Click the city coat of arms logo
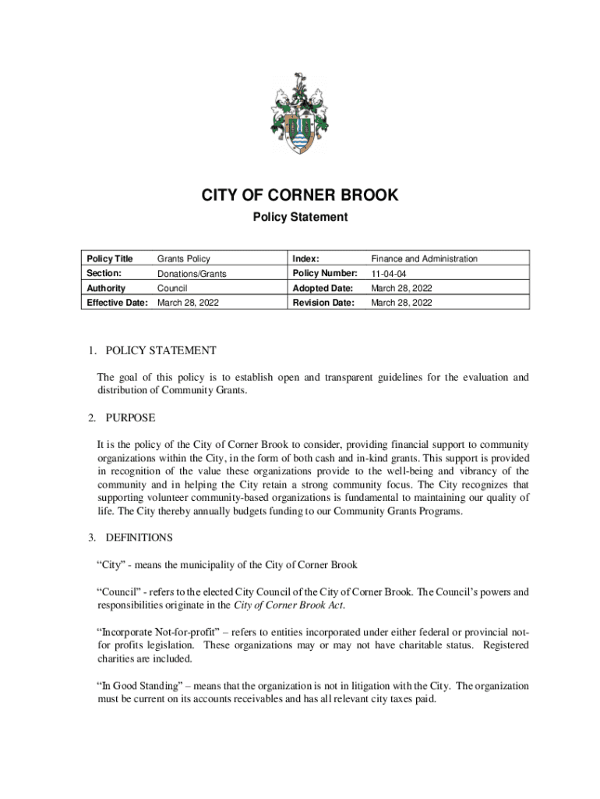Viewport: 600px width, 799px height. [x=300, y=115]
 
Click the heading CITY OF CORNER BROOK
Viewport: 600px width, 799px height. [x=300, y=196]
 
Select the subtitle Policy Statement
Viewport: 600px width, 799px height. [x=300, y=218]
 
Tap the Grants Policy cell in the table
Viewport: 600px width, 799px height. [x=184, y=258]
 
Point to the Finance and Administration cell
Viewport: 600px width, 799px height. [x=424, y=258]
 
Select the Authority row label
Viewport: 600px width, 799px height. [x=106, y=288]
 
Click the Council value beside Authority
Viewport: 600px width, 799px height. [x=171, y=288]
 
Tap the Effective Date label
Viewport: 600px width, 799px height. [x=117, y=303]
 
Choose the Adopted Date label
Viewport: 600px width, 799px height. [x=323, y=288]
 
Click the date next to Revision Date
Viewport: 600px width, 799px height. [x=401, y=303]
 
